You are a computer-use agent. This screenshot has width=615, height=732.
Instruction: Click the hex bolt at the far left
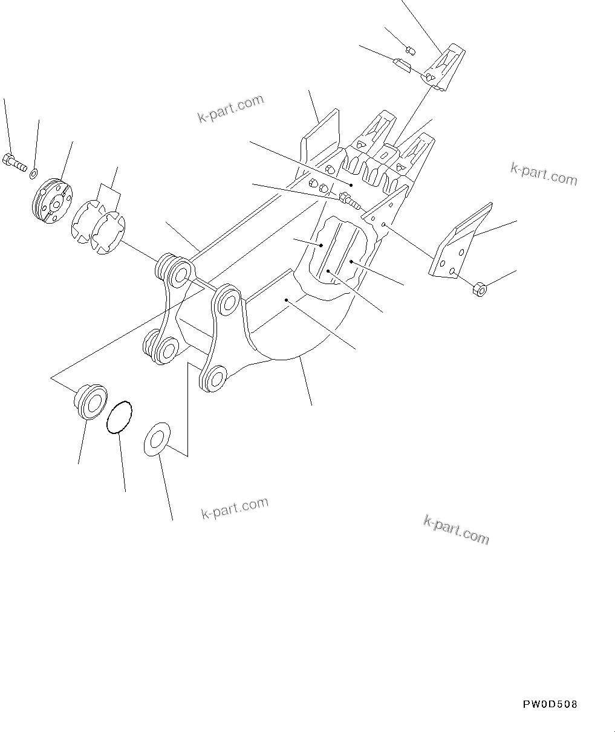pos(16,162)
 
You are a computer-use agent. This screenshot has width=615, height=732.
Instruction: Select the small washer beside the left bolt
pos(33,175)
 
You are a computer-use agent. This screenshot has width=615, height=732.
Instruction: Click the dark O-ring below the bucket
pos(119,416)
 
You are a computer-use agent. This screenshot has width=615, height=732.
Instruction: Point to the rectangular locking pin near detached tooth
pos(402,65)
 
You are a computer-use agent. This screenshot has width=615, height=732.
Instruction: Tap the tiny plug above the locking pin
pos(409,48)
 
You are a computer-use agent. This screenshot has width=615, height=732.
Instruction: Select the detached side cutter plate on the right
pos(459,242)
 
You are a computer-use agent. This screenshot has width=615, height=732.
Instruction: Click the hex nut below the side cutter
pos(480,289)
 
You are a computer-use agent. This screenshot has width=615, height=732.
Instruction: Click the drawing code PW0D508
pos(550,704)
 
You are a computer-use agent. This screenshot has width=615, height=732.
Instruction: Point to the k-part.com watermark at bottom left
pos(235,508)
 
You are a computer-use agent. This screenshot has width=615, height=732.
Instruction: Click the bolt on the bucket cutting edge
pos(350,200)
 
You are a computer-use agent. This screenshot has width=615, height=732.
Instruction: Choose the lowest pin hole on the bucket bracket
pos(213,378)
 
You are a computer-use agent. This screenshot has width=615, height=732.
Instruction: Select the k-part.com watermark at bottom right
pos(457,530)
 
